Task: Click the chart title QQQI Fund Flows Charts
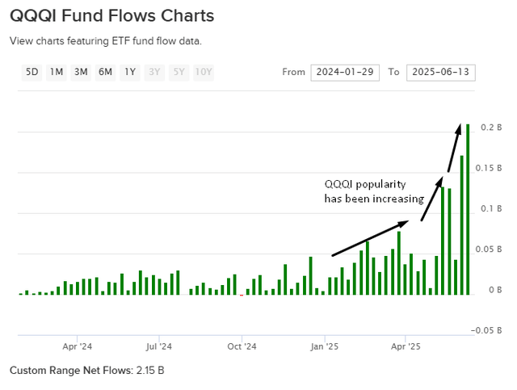pyautogui.click(x=112, y=15)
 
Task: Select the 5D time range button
pyautogui.click(x=32, y=72)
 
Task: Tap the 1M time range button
pyautogui.click(x=57, y=72)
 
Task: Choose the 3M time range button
pyautogui.click(x=81, y=72)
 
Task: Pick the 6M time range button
pyautogui.click(x=106, y=72)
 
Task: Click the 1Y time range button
pyautogui.click(x=130, y=72)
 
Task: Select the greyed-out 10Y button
pyautogui.click(x=204, y=72)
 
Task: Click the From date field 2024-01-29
pyautogui.click(x=345, y=73)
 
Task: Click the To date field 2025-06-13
pyautogui.click(x=440, y=73)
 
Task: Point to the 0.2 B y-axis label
pyautogui.click(x=492, y=128)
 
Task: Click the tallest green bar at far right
pyautogui.click(x=468, y=209)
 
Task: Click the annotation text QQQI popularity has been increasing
pyautogui.click(x=373, y=191)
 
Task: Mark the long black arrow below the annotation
pyautogui.click(x=376, y=237)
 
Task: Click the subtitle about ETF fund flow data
pyautogui.click(x=105, y=40)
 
